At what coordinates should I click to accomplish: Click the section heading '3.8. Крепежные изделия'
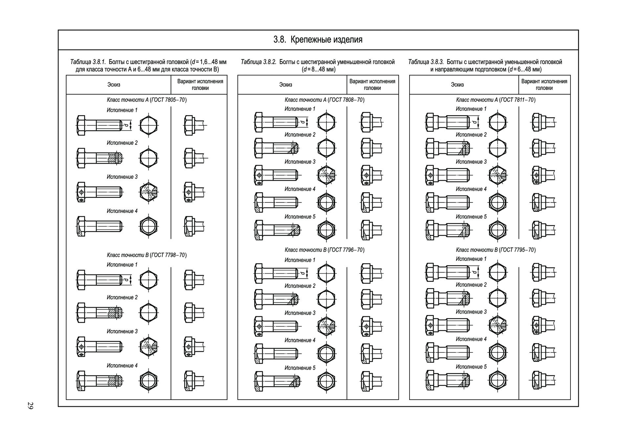tap(318, 40)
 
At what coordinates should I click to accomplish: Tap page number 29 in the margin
tap(30, 406)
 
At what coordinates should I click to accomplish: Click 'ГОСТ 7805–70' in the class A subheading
tap(169, 100)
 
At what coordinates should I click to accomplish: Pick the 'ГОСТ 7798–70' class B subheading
tap(169, 255)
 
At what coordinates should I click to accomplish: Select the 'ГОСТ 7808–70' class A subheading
tap(347, 100)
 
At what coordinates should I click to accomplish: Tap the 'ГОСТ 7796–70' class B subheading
tap(347, 250)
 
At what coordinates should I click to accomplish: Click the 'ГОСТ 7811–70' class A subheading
tap(518, 100)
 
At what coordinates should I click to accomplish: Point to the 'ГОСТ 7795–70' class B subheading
tap(518, 250)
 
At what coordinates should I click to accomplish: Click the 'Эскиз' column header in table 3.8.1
tap(114, 85)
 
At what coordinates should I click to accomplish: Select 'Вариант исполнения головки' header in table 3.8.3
tap(544, 85)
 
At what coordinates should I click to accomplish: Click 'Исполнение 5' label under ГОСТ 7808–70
tap(300, 217)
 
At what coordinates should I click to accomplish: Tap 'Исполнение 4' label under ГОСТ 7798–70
tap(122, 366)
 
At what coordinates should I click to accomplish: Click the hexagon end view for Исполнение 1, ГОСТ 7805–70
tap(148, 125)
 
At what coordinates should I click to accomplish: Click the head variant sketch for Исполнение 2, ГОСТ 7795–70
tap(543, 298)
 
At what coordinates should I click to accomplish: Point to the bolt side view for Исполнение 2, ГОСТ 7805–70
tap(100, 158)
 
